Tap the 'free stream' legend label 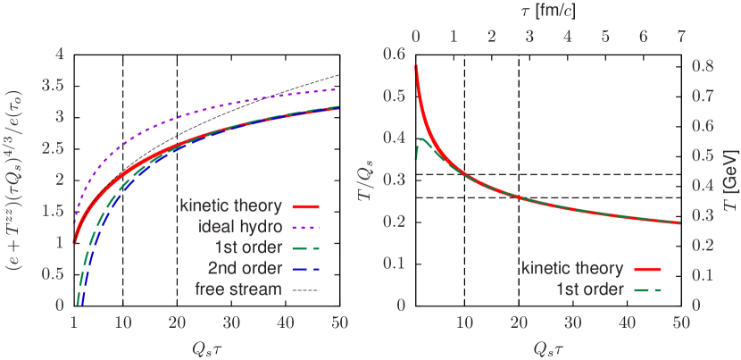tap(238, 288)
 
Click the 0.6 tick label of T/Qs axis tap(394, 54)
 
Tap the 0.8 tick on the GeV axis tap(704, 66)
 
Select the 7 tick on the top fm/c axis tap(680, 38)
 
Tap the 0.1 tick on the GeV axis tap(704, 275)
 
